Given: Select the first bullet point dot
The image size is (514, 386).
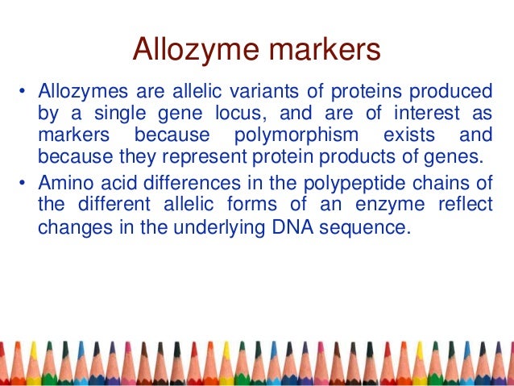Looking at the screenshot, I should (x=24, y=89).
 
